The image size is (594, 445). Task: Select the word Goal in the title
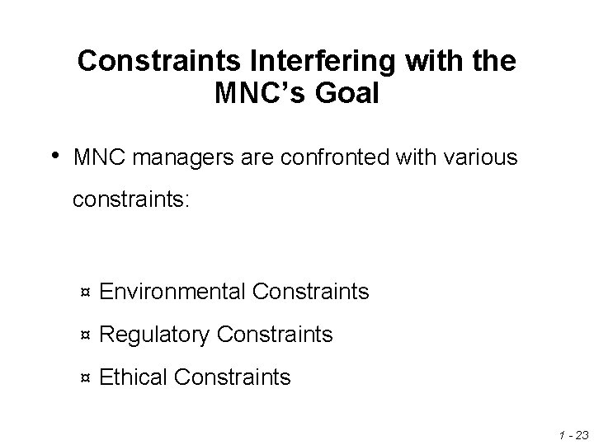348,94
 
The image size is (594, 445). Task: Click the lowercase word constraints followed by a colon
132,200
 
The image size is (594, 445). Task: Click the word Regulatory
154,335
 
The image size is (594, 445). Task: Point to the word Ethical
134,377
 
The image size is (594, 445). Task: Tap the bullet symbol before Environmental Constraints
85,293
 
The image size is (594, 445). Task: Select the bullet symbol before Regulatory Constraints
85,336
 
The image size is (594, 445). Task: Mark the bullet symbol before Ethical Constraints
85,379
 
